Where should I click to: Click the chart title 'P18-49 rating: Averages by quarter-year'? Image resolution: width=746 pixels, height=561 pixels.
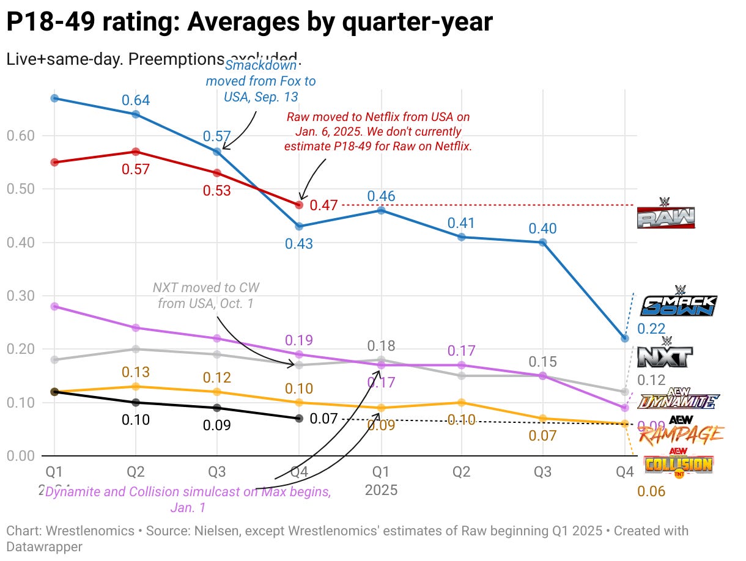pos(249,23)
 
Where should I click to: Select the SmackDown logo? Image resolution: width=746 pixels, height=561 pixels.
pos(678,301)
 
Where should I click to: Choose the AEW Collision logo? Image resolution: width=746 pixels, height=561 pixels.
pos(678,463)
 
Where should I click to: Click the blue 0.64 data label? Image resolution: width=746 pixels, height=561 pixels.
pos(136,100)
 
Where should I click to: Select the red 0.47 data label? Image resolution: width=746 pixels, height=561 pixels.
pos(323,205)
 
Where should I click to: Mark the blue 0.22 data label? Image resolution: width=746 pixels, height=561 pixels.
pos(651,329)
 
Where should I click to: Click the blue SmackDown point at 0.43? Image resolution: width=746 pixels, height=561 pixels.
pos(299,226)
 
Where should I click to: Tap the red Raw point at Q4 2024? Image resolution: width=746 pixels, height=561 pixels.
pos(299,205)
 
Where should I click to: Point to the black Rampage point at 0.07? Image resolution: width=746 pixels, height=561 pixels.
pos(299,418)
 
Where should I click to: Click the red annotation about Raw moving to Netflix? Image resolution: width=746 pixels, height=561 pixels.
pos(378,131)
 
